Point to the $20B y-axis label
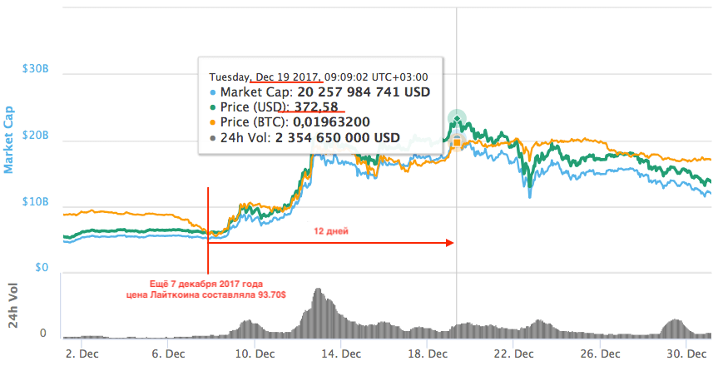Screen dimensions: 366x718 point(35,136)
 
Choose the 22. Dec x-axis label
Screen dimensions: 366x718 point(513,353)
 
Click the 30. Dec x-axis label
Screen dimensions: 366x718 point(686,353)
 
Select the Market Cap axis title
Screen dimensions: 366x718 point(9,138)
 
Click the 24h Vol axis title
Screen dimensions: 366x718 point(13,306)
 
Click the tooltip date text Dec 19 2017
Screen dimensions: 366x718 point(286,75)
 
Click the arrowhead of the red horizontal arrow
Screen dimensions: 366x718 point(450,243)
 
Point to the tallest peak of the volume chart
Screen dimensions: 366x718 point(318,290)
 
